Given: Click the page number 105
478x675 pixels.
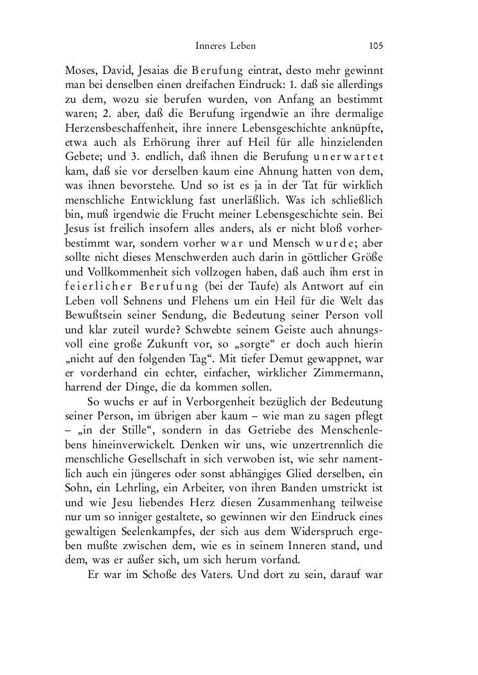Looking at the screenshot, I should [x=376, y=46].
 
